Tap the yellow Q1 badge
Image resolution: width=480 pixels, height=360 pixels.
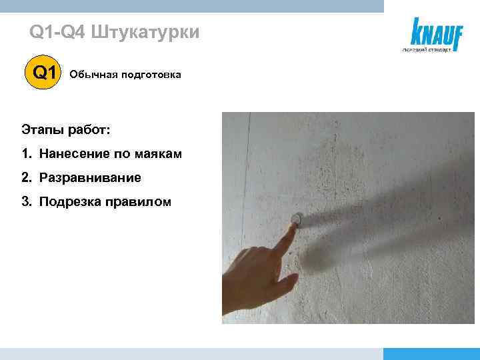tap(44, 73)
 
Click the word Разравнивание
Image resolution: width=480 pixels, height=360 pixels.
tap(90, 178)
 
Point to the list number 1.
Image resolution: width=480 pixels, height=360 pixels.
tap(25, 154)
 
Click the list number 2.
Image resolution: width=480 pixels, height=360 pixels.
tap(25, 178)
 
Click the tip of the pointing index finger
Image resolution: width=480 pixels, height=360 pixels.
tap(293, 226)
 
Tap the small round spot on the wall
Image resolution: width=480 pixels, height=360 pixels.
tap(299, 218)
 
